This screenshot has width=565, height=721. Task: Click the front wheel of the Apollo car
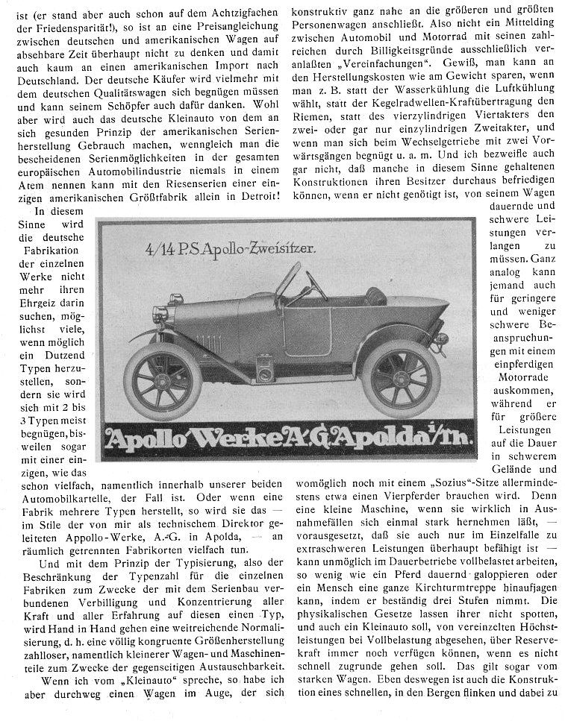[x=163, y=380]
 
